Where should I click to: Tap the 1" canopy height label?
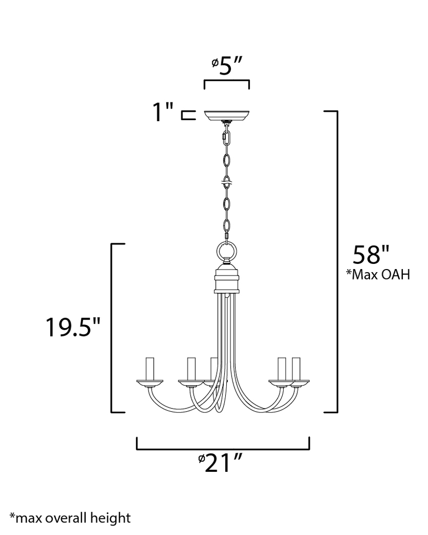click(x=162, y=112)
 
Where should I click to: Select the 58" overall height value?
click(x=371, y=255)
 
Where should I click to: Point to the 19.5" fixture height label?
click(x=72, y=328)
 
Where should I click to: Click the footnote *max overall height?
click(x=70, y=518)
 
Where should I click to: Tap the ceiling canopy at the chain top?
click(x=226, y=115)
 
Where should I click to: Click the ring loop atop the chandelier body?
click(x=226, y=251)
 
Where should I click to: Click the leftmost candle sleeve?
click(x=149, y=369)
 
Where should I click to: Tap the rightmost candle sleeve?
click(x=297, y=369)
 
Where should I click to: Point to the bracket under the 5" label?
click(x=226, y=83)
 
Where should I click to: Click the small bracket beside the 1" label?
click(x=187, y=115)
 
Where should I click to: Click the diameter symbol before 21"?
click(x=201, y=459)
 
